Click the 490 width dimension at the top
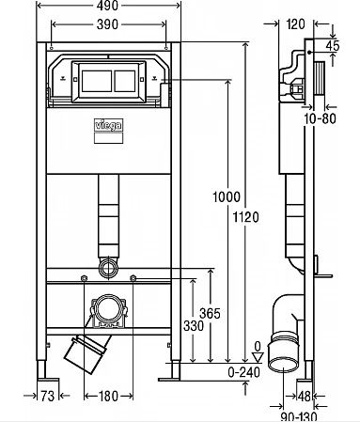(107, 6)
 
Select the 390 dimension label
(107, 24)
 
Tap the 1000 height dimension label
(227, 196)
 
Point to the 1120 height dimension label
(245, 217)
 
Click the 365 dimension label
(210, 313)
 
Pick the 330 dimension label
(194, 326)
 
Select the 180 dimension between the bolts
(108, 396)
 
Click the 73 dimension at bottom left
(48, 396)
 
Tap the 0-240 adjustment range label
(243, 372)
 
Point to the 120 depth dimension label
(295, 24)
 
